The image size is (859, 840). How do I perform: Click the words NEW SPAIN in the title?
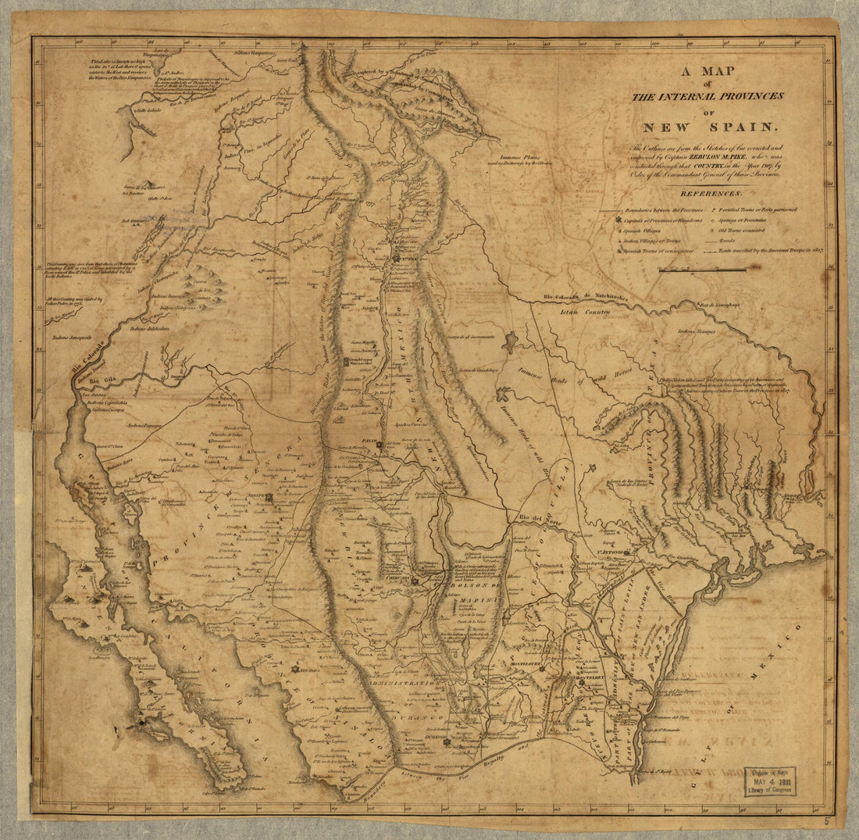click(x=710, y=127)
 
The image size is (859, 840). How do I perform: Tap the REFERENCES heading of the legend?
click(x=710, y=192)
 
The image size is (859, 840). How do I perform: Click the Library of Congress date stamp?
click(x=771, y=780)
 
